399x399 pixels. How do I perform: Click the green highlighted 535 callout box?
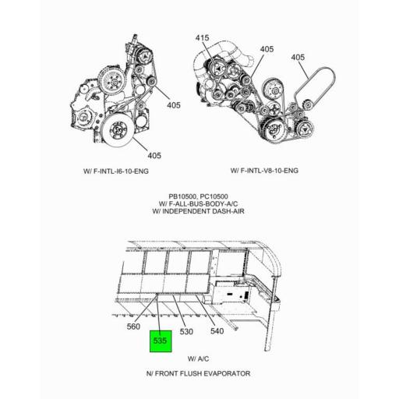[161, 341]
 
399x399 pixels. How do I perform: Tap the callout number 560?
[133, 327]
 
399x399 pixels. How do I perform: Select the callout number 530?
[186, 331]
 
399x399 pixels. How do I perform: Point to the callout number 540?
[217, 331]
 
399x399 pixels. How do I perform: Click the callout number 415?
[203, 37]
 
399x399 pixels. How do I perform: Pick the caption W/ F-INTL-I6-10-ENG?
[116, 171]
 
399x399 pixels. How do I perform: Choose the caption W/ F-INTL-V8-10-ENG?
[264, 171]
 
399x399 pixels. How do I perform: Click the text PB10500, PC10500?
[199, 196]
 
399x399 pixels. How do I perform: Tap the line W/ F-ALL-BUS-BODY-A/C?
[198, 204]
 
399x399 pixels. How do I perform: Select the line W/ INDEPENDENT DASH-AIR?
[199, 211]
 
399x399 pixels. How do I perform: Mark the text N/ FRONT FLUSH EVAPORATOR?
[199, 373]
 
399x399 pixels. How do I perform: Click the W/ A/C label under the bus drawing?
[199, 358]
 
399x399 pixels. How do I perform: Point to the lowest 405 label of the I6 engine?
[154, 155]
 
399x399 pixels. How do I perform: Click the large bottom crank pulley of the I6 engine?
[118, 129]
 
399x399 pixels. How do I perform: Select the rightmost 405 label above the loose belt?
[298, 57]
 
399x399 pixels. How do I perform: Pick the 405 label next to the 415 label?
[267, 49]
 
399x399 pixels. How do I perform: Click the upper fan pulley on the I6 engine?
[112, 79]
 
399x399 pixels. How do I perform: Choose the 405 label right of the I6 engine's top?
[174, 105]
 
